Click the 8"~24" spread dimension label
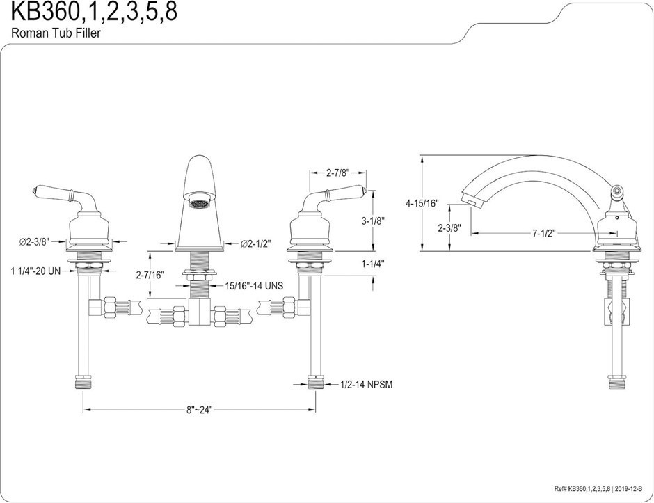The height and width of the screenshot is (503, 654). [x=200, y=410]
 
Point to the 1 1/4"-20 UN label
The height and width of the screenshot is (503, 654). [x=35, y=271]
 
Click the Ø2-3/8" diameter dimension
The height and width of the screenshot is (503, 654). [x=34, y=241]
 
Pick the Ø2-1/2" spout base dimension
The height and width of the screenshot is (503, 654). [x=255, y=243]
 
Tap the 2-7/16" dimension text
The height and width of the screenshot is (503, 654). [x=150, y=274]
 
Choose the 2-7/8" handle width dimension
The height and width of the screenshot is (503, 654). [x=338, y=173]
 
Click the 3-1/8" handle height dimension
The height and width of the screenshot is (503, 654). [x=373, y=221]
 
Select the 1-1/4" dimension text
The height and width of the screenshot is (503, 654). [x=373, y=263]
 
